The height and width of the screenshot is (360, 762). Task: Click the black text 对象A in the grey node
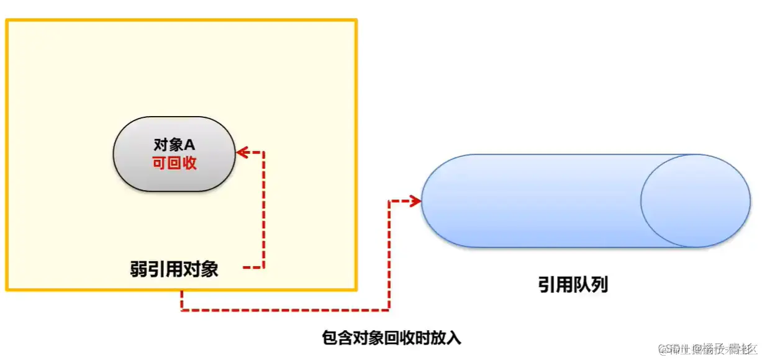(x=174, y=145)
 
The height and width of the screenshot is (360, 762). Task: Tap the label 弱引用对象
(x=174, y=269)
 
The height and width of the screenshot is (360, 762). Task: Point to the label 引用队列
(x=573, y=285)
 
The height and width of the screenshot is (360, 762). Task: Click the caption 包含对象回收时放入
(x=392, y=338)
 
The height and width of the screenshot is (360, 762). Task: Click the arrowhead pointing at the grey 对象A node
(x=242, y=151)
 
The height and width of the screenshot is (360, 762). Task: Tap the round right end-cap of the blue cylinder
(x=695, y=201)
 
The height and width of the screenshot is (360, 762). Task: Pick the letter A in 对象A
(x=190, y=145)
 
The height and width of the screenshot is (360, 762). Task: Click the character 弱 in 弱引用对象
(x=138, y=269)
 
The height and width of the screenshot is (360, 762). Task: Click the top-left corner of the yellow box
(x=7, y=20)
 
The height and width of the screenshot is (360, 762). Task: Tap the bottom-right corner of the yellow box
(x=356, y=289)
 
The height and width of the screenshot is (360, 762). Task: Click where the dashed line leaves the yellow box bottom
(x=181, y=290)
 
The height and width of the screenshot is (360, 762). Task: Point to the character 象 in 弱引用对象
(x=209, y=269)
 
